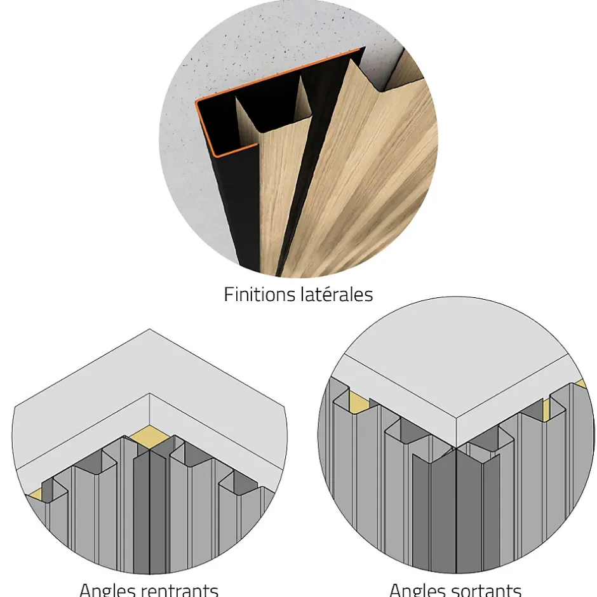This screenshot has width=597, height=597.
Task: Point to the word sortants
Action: coord(487,590)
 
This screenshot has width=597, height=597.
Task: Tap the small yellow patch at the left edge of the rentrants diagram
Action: coord(36,495)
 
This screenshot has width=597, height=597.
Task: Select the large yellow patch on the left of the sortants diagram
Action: coord(359,401)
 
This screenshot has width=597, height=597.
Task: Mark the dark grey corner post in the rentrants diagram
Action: coord(149,510)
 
